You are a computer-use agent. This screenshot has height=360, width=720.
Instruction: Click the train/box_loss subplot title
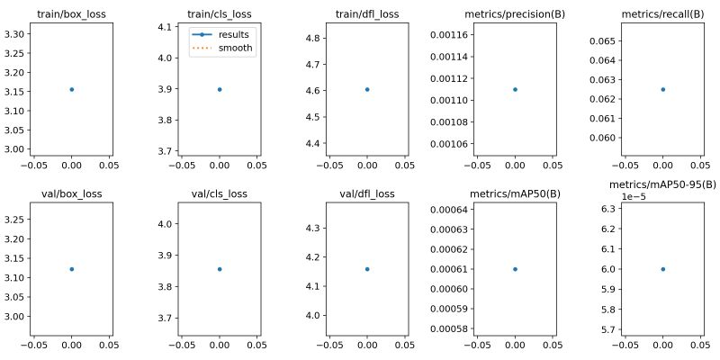tap(71, 14)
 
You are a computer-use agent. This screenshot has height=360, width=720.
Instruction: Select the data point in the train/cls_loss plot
tap(220, 89)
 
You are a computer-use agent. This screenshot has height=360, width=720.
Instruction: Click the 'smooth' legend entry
tap(238, 49)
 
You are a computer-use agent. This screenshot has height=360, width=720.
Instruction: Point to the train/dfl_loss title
tap(367, 14)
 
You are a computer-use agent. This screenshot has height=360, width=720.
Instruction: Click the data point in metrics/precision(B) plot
tap(515, 89)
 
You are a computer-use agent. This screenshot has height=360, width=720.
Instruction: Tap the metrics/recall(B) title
tap(662, 14)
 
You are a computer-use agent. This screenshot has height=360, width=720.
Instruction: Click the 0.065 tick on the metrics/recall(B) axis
tap(603, 41)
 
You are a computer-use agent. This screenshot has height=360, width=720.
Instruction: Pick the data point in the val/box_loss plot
tap(71, 269)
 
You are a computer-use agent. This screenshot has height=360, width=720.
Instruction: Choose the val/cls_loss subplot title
tap(220, 193)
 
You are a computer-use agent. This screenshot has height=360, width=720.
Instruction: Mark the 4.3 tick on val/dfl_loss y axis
tap(317, 228)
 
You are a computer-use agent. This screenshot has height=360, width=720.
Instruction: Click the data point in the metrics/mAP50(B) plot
tap(515, 269)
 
